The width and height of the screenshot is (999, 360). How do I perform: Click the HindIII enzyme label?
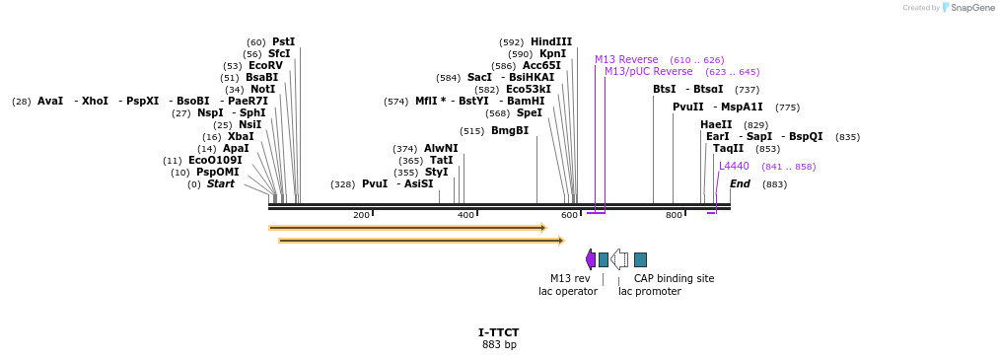pos(550,41)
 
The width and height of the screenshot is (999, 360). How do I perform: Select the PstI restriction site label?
pos(283,41)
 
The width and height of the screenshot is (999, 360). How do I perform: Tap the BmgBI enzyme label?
pos(510,130)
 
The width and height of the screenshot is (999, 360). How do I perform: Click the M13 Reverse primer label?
pos(626,59)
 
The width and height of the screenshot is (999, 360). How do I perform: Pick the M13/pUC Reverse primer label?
pos(648,71)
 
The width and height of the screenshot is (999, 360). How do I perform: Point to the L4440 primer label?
pos(734,166)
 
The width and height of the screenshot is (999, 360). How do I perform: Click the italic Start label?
pos(221,183)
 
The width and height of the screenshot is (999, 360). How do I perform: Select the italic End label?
pos(740,183)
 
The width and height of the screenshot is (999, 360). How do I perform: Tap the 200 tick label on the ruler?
pos(361,215)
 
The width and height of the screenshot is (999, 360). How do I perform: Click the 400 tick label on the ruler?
pos(465,215)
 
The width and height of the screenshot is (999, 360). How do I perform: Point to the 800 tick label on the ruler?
pos(674,215)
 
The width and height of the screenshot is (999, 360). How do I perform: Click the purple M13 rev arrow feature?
pos(591,259)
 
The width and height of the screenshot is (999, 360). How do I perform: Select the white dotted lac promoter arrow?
pos(619,259)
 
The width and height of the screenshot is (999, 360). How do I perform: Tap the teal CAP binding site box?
pos(640,259)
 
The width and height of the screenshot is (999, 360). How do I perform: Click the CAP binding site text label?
pos(674,278)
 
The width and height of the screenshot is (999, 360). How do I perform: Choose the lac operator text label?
pos(567,291)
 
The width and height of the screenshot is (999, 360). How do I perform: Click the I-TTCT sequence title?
pos(499,332)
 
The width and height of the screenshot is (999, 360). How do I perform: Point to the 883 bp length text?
pos(499,344)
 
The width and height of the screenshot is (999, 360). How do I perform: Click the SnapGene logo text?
pos(972,8)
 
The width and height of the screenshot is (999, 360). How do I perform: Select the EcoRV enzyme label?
pos(265,65)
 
